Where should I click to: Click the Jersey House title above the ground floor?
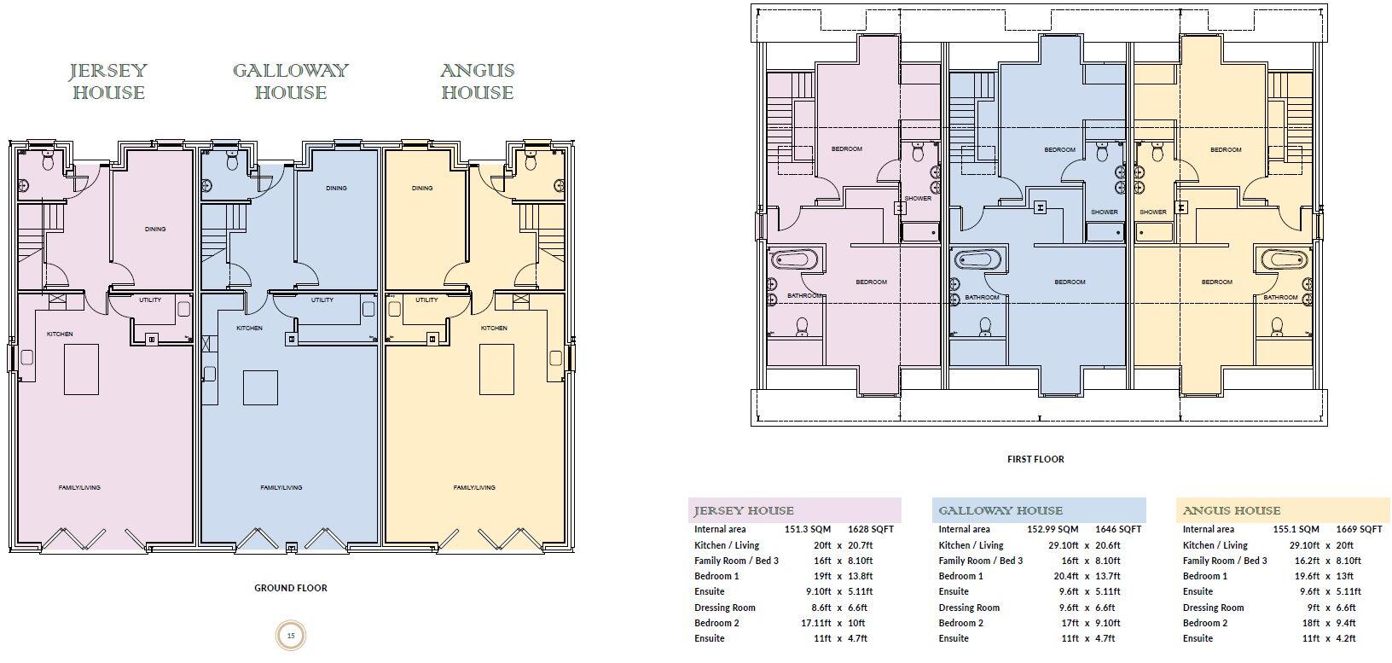tap(108, 81)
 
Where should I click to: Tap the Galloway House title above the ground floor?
tap(291, 81)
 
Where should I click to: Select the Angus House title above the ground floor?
tap(477, 81)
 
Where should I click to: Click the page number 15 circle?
tap(291, 635)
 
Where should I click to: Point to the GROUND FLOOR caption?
tap(291, 588)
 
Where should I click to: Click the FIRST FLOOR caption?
tap(1035, 459)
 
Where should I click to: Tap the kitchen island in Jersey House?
tap(81, 369)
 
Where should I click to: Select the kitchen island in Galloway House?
tap(260, 387)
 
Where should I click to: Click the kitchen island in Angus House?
tap(496, 369)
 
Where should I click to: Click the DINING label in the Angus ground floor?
tap(421, 189)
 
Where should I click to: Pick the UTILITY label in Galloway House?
tap(322, 300)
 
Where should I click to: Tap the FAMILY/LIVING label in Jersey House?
tap(79, 488)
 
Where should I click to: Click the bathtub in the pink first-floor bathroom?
tap(795, 259)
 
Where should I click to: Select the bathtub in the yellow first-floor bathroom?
tap(1285, 259)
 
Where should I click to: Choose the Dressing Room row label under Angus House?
tap(1213, 608)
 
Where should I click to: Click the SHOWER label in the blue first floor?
tap(1104, 212)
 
